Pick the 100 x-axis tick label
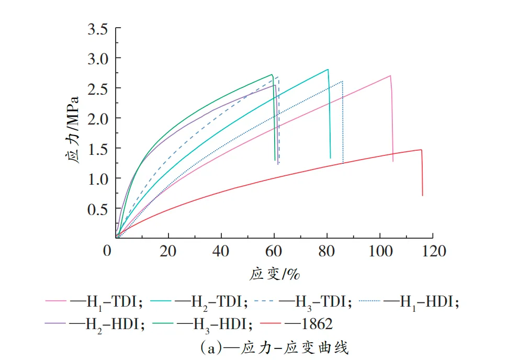click(x=379, y=251)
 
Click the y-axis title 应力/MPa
click(x=75, y=130)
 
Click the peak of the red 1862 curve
click(x=421, y=150)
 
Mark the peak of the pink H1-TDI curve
click(x=390, y=75)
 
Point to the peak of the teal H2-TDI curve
click(x=327, y=69)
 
